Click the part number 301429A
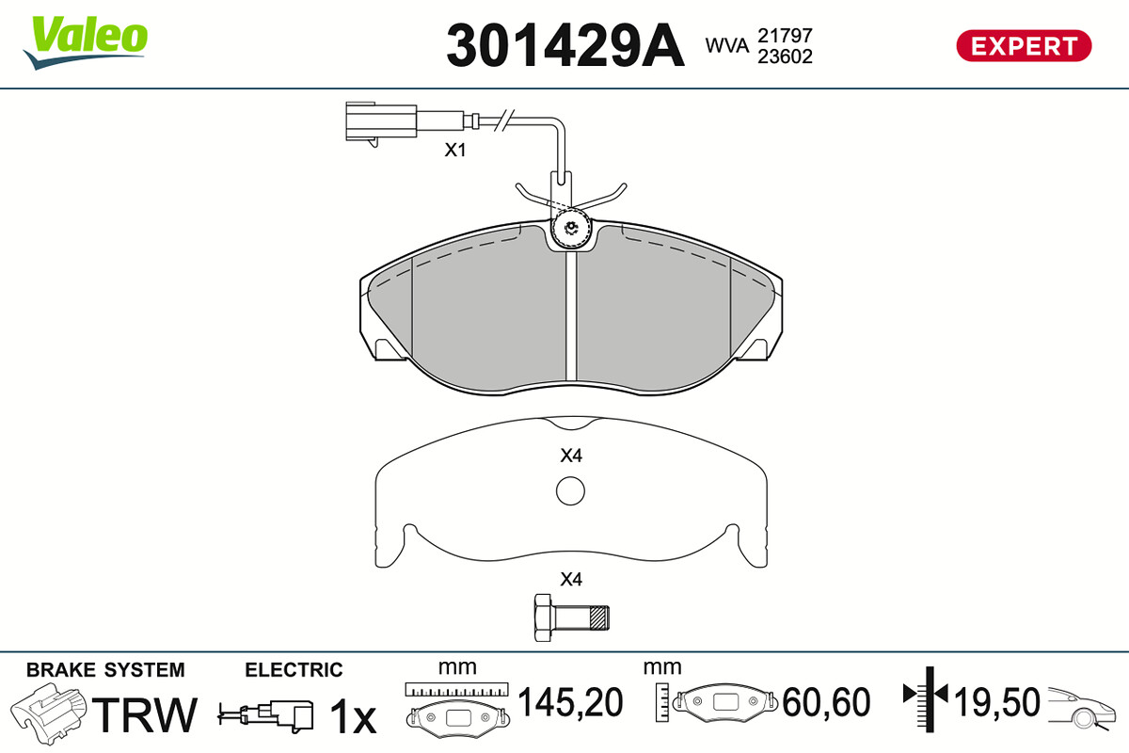pyautogui.click(x=565, y=45)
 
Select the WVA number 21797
pyautogui.click(x=786, y=36)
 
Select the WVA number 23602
pyautogui.click(x=786, y=56)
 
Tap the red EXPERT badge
pyautogui.click(x=1025, y=46)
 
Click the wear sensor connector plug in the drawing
pyautogui.click(x=381, y=122)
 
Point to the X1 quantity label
pyautogui.click(x=455, y=150)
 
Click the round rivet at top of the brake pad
pyautogui.click(x=571, y=229)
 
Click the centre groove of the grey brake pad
pyautogui.click(x=571, y=317)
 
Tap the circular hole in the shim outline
pyautogui.click(x=570, y=490)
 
